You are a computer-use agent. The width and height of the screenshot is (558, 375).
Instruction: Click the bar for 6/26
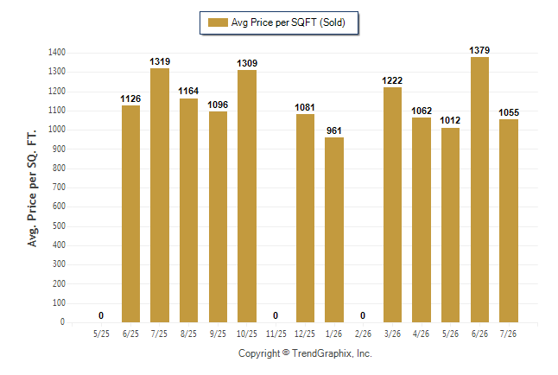tap(479, 189)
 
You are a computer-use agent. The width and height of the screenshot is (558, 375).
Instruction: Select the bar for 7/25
tap(160, 195)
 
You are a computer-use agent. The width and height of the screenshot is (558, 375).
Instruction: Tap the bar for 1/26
tap(334, 230)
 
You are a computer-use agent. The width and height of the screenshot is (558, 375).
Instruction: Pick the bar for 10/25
tap(247, 196)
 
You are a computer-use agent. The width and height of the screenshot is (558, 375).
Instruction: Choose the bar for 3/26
tap(392, 205)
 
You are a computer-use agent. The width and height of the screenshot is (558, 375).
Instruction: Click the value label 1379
tap(479, 51)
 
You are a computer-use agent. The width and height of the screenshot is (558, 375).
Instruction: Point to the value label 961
tap(334, 130)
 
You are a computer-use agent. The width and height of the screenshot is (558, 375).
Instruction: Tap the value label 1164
tap(188, 92)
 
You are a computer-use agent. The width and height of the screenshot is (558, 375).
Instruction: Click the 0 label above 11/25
tap(276, 315)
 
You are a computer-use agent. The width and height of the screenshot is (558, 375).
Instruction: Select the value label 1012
tap(450, 120)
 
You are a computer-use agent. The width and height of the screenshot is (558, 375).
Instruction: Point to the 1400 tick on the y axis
tap(57, 53)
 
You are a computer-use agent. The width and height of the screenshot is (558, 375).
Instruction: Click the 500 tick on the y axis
tap(59, 226)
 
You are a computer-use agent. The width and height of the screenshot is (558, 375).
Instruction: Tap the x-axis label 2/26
tap(363, 334)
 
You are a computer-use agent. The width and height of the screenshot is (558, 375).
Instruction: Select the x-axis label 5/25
tap(101, 334)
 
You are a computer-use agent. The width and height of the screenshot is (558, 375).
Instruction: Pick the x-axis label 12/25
tap(305, 334)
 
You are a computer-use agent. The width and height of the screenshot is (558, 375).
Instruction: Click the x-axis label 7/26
tap(508, 334)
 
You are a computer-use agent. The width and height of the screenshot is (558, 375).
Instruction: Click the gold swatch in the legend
tap(218, 22)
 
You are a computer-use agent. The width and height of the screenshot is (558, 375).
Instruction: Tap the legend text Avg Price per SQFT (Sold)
tap(289, 22)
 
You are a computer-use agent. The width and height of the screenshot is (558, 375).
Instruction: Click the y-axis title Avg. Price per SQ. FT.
tap(32, 188)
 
